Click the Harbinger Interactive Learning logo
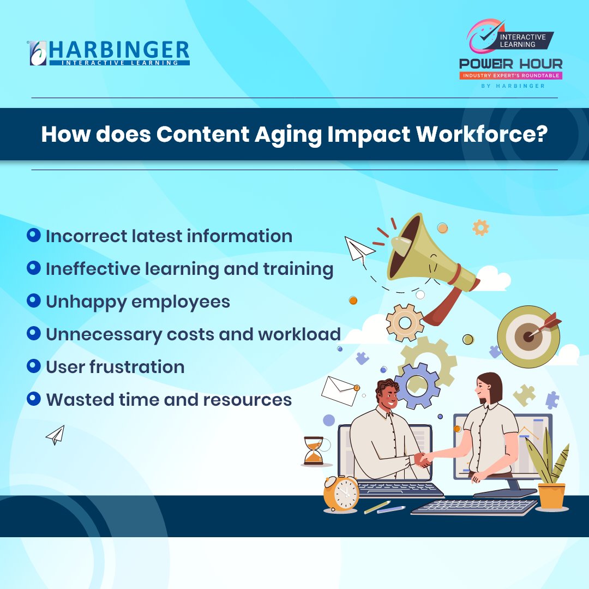[x=109, y=52]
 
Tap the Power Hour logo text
[x=510, y=64]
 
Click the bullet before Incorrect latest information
[x=34, y=235]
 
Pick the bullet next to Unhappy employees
[x=34, y=300]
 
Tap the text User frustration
[x=115, y=367]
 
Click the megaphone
[x=425, y=256]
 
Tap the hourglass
[x=313, y=450]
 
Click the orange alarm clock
[x=341, y=492]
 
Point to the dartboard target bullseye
[x=528, y=336]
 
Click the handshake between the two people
[x=423, y=459]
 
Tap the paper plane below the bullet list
[x=56, y=435]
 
